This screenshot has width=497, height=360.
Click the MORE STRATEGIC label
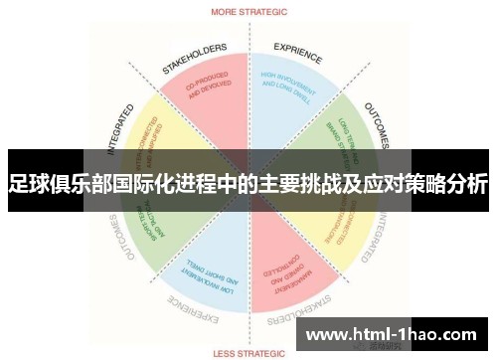248,13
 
